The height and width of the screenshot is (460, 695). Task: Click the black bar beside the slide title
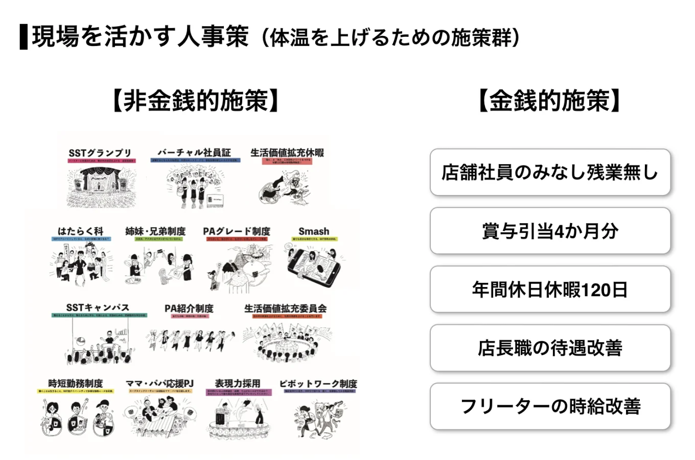24,36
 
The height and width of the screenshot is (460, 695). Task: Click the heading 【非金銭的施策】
196,100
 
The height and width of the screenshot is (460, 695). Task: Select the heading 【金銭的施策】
549,100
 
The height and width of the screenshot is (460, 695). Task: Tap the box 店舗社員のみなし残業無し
550,172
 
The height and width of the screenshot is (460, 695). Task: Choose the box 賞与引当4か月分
550,231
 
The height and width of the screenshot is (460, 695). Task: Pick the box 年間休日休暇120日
550,290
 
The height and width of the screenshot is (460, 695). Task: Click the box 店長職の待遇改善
550,348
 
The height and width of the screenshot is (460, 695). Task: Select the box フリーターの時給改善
550,406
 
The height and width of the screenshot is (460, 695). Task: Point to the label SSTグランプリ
100,152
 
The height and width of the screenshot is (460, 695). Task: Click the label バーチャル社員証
194,152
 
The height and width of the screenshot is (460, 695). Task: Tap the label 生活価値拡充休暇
287,152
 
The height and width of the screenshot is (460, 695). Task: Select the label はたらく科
80,231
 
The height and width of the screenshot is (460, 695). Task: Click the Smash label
314,231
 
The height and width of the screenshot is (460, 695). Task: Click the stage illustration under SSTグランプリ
102,187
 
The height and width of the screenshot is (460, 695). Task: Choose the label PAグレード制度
236,231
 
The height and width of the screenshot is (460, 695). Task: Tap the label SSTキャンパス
98,308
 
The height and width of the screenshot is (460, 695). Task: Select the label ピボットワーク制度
318,383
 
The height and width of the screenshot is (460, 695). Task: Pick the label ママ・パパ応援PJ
160,383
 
